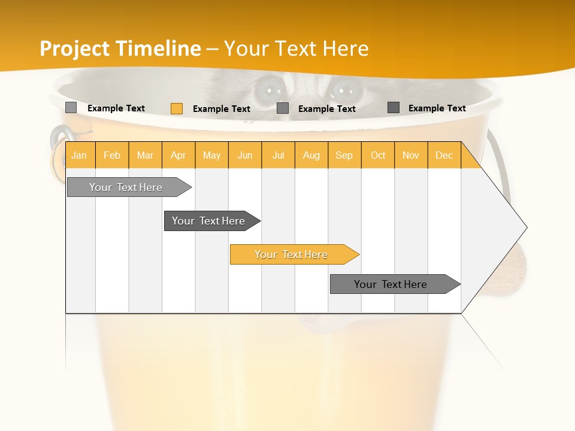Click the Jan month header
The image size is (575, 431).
79,155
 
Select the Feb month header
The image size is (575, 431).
112,155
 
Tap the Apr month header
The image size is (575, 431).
178,155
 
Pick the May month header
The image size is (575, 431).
211,155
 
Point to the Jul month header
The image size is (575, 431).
278,155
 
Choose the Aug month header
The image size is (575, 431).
311,155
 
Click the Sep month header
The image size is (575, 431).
344,155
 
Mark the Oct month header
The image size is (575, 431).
378,155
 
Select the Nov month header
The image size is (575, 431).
411,155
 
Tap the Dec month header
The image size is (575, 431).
444,155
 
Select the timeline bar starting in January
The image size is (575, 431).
126,187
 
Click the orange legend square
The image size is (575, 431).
177,108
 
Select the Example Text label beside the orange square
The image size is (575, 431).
222,109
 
